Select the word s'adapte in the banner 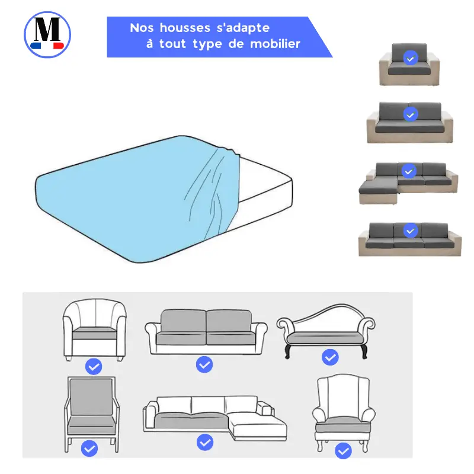244,28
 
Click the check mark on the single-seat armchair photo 410,58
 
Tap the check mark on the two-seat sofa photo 409,114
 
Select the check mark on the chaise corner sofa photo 409,171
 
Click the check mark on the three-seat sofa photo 409,230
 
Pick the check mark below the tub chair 93,367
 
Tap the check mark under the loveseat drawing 204,364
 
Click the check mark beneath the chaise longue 330,357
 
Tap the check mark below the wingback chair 343,451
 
